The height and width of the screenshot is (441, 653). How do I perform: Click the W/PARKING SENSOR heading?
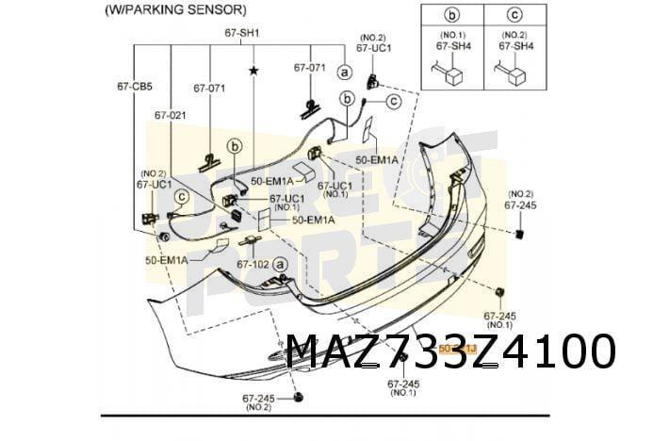click(175, 10)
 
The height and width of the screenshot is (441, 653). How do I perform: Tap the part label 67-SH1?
click(242, 33)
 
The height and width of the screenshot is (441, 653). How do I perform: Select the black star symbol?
click(253, 71)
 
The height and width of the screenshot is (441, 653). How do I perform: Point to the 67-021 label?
click(171, 114)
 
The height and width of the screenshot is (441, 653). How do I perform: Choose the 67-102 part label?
click(253, 265)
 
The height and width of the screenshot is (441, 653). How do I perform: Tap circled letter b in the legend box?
click(451, 15)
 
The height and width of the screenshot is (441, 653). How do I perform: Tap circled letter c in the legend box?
click(515, 15)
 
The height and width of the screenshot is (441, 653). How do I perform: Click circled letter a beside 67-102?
click(282, 265)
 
